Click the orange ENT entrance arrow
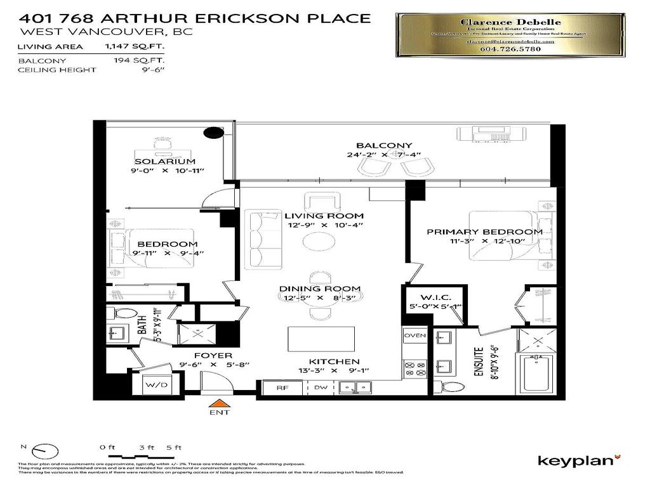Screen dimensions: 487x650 [x=219, y=403]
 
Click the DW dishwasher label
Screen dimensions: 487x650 [x=321, y=387]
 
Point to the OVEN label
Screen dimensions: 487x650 [x=415, y=335]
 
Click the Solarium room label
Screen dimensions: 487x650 [x=164, y=162]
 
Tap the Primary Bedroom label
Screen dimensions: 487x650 [x=484, y=232]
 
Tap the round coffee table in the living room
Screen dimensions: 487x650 [x=319, y=242]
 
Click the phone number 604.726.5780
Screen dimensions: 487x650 [x=510, y=50]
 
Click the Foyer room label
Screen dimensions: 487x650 [x=213, y=356]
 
